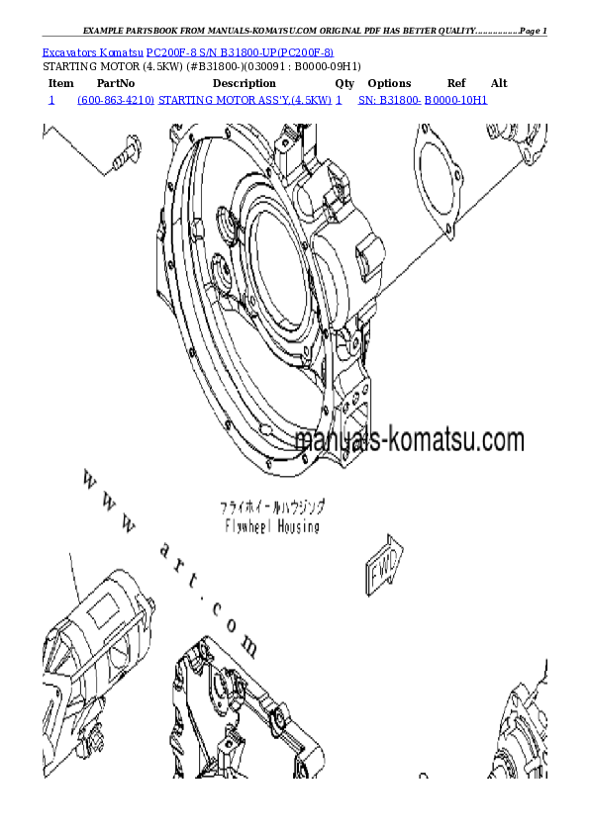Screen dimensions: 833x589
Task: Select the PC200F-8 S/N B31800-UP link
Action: pos(240,50)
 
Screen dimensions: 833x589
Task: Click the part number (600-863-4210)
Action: pos(115,101)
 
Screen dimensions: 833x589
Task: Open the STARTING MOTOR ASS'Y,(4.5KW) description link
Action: pos(245,101)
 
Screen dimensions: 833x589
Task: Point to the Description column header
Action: pos(244,84)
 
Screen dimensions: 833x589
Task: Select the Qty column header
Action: pos(344,84)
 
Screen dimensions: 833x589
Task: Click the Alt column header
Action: pos(499,84)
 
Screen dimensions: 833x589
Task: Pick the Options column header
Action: pos(389,84)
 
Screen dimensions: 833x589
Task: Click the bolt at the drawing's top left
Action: pos(125,153)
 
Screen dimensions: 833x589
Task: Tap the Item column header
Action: pos(60,84)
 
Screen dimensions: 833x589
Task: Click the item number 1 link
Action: pos(50,101)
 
